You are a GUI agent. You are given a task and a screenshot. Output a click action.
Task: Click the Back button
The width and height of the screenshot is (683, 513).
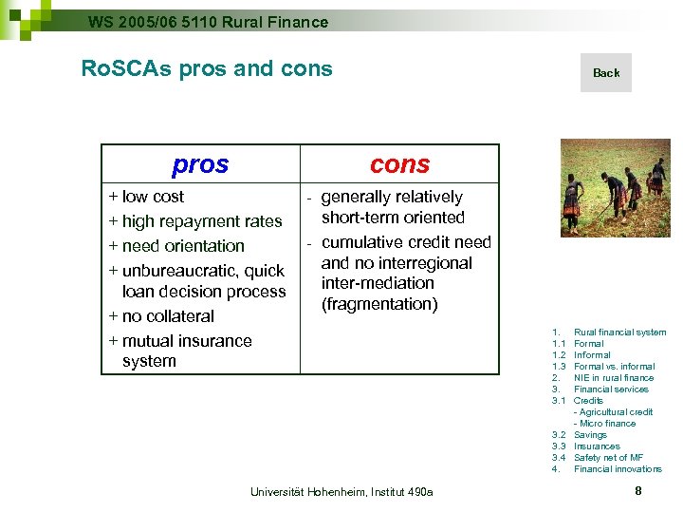click(x=606, y=73)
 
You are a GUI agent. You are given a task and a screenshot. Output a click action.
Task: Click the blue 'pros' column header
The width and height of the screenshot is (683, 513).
click(x=200, y=164)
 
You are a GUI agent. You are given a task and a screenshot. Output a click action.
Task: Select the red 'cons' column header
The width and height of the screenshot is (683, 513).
click(x=399, y=164)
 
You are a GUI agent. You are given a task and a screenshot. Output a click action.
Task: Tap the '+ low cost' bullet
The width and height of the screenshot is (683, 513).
click(x=147, y=197)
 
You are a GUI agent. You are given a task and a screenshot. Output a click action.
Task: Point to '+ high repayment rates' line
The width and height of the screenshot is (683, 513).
click(x=195, y=221)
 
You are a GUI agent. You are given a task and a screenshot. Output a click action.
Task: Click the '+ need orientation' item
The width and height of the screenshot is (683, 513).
click(x=176, y=246)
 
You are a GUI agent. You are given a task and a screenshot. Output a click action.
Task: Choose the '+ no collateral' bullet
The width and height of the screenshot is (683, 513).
click(x=161, y=316)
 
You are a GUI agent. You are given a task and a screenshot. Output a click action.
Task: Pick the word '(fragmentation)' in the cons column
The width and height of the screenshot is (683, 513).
click(x=379, y=304)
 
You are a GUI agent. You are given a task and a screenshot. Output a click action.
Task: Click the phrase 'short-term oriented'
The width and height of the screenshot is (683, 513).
click(x=393, y=218)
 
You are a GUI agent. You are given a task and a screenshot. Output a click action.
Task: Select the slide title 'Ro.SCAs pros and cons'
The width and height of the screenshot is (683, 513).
click(x=207, y=68)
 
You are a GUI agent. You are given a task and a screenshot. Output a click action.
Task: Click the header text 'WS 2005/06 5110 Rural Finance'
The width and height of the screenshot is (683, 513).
click(x=208, y=22)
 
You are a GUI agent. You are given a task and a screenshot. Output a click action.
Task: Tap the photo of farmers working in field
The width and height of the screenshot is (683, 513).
click(x=615, y=188)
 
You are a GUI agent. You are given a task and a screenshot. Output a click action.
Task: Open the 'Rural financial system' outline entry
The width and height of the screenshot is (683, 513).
click(x=619, y=332)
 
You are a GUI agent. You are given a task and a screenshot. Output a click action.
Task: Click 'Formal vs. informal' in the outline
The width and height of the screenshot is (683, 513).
click(x=614, y=367)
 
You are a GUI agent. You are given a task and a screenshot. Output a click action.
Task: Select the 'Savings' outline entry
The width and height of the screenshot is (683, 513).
click(x=590, y=435)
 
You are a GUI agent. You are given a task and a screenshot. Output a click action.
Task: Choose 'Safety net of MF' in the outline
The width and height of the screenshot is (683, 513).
click(x=608, y=458)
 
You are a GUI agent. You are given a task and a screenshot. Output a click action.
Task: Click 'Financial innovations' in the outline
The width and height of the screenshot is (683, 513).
click(x=618, y=469)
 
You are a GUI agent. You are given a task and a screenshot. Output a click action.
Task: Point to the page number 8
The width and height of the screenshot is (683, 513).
click(x=638, y=490)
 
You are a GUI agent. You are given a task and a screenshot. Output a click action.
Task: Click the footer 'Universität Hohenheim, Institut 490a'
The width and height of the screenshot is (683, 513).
click(x=341, y=491)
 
